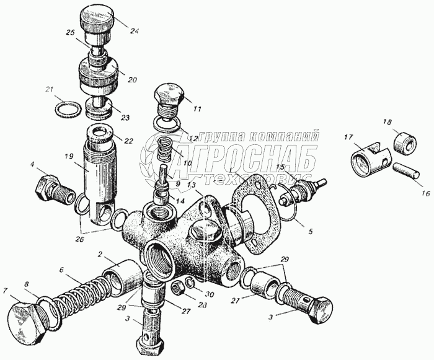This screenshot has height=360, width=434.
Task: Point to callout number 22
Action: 129,141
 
